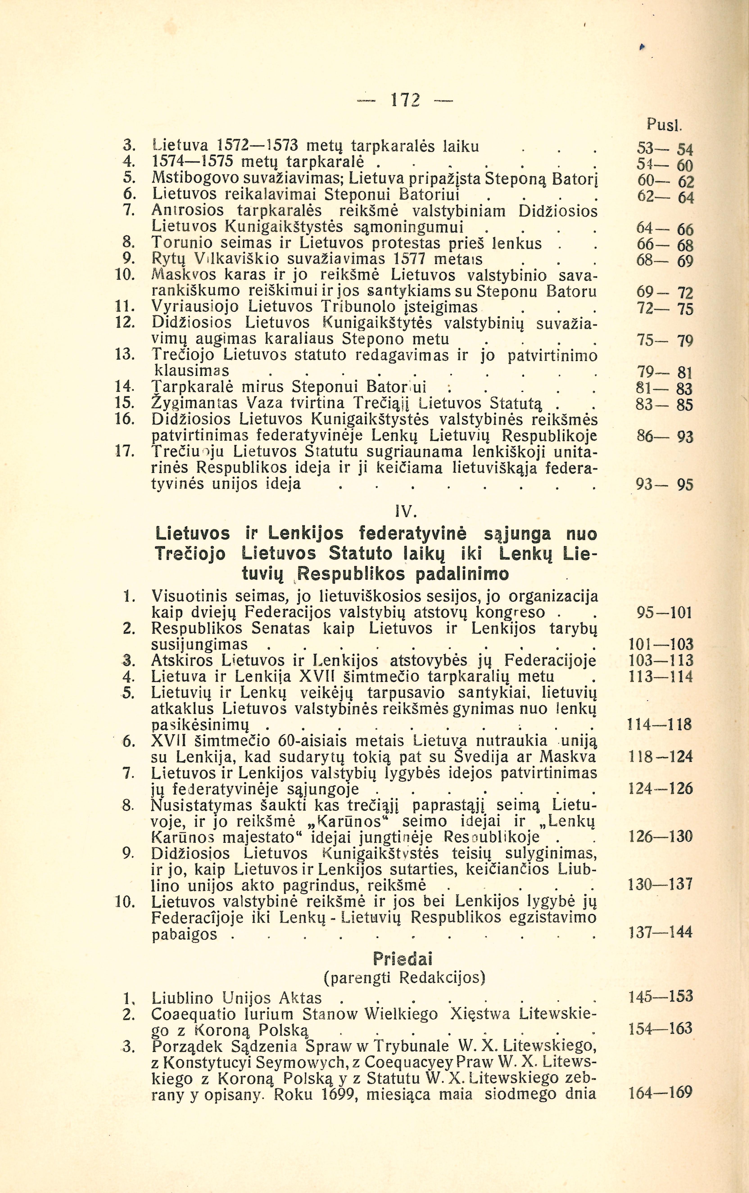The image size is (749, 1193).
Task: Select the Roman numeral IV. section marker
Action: pos(405,510)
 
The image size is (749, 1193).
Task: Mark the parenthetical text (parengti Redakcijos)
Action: pos(404,978)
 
